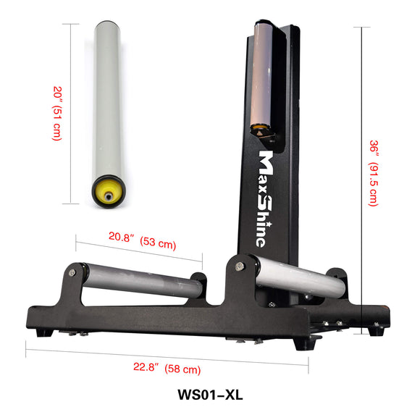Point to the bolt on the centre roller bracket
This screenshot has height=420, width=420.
238,266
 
